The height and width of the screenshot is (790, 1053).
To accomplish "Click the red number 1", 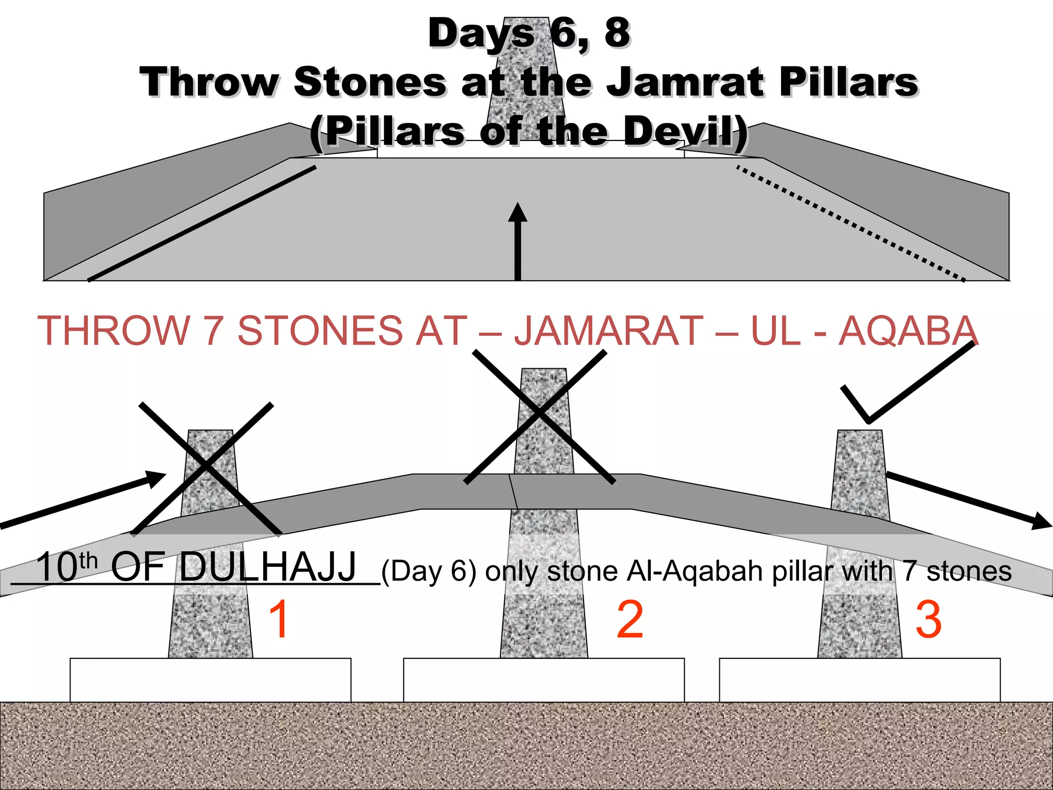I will [x=279, y=619].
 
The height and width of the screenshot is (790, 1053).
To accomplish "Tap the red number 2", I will [x=630, y=619].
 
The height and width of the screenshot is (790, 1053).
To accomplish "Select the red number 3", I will [x=929, y=619].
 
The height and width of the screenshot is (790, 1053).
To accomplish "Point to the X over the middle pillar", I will [x=539, y=415].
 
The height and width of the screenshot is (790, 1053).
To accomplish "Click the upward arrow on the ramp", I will [x=518, y=242].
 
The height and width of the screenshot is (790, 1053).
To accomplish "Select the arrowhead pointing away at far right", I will [x=1041, y=522].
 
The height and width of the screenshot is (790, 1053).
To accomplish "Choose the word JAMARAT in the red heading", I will [x=609, y=331].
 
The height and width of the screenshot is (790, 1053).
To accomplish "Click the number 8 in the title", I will [x=617, y=33].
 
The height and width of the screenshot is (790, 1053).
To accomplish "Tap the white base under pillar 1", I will [x=210, y=679].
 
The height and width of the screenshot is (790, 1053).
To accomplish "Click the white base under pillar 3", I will [x=860, y=679].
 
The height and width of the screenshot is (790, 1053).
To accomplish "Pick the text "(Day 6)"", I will [x=428, y=571].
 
